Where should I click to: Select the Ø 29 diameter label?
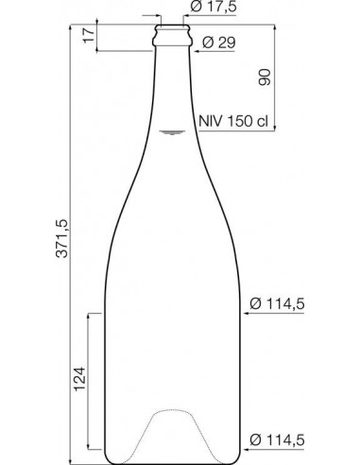click(x=225, y=43)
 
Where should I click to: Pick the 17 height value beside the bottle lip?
click(x=87, y=37)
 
